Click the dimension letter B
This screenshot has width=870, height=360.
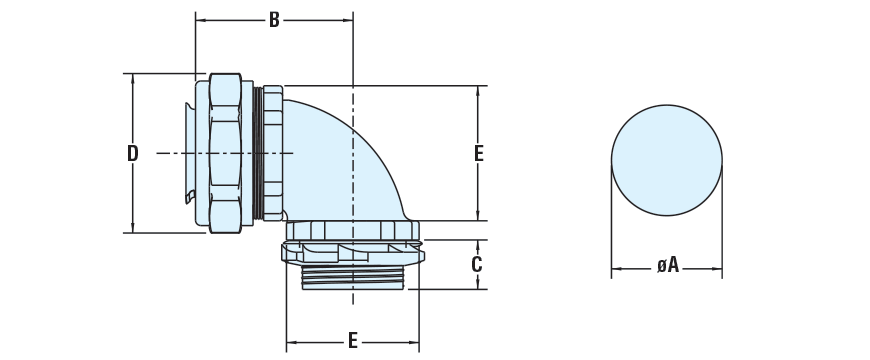coord(274,20)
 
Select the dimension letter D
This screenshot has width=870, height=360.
coord(132,153)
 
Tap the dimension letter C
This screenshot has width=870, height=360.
coord(477,265)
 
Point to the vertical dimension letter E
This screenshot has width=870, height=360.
coord(478,153)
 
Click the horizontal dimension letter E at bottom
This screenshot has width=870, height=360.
coord(352,341)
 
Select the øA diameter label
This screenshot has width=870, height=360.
coord(667,265)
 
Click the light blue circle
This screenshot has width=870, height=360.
coord(666,160)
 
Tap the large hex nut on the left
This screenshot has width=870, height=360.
coord(225,153)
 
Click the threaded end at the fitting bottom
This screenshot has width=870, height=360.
coord(353,277)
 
